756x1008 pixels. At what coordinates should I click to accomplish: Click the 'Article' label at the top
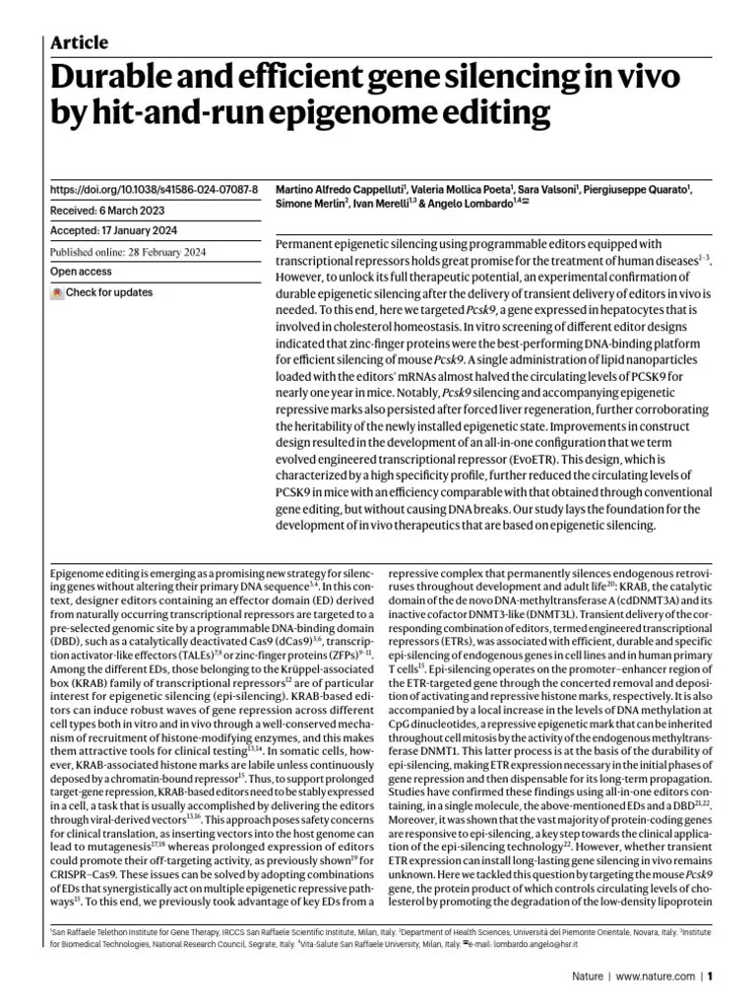point(79,42)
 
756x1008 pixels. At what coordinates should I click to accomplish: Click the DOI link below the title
point(154,189)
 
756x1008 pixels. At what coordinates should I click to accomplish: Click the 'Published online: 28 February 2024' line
point(128,252)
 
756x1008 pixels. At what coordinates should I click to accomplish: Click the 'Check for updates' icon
point(57,293)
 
